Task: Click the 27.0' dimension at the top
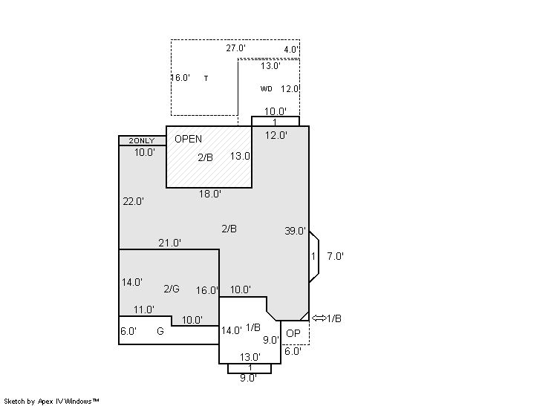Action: (235, 48)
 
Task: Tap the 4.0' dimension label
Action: (291, 50)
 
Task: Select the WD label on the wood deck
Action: (267, 89)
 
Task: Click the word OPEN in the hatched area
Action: (189, 139)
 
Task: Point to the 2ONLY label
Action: (142, 140)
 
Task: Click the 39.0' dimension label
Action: (295, 231)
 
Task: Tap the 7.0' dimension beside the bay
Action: (336, 256)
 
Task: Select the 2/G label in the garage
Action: (172, 289)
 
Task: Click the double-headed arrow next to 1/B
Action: (319, 318)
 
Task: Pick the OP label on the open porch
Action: (293, 333)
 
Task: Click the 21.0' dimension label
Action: (169, 243)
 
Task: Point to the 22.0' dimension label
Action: (133, 201)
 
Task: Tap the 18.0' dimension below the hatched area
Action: (210, 194)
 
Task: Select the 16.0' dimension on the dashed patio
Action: (181, 78)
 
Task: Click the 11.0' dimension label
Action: (144, 310)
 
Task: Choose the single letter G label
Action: (160, 331)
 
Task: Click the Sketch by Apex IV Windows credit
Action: (51, 402)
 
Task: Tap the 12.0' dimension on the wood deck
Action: (290, 89)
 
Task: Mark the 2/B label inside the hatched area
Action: (205, 157)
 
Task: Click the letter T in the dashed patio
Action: (206, 79)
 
